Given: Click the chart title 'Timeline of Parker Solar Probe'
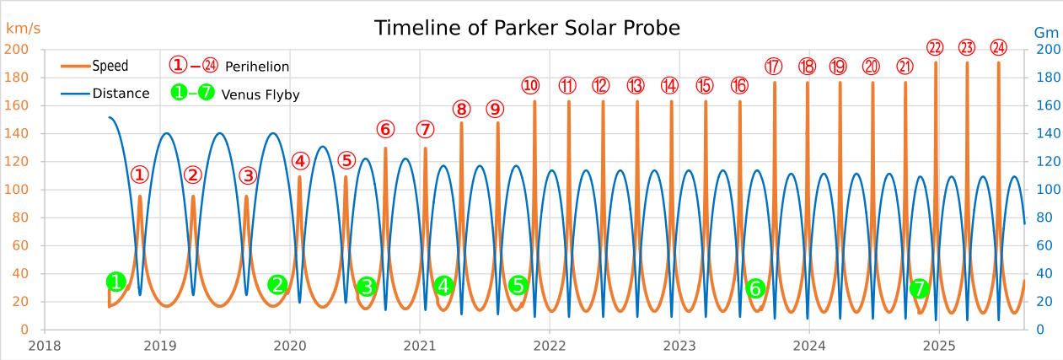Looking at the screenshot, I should coord(527,28).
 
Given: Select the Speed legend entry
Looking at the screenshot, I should coord(110,66).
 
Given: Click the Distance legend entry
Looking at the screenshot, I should coord(121,94).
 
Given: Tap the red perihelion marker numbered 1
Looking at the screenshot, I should coord(140,175).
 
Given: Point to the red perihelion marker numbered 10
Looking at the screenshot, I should coord(530,85).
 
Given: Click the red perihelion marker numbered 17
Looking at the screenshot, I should coord(774,66).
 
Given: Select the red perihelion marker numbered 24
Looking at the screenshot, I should coord(998,47).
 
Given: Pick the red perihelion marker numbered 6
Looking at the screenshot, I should coord(385,130).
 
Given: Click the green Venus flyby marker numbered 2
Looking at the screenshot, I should coord(277,285).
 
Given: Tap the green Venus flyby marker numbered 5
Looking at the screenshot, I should coord(518,286).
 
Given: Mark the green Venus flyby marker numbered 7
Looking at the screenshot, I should coord(920,289).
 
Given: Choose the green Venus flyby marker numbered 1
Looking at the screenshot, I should coord(117,282).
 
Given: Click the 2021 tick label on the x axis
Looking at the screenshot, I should coord(420,345).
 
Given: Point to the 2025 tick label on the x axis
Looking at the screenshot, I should coord(939,345).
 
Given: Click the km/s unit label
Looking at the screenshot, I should coord(23,29).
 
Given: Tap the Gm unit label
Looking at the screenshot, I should coord(1045,33).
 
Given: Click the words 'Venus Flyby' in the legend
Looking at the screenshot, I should coord(260,94).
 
